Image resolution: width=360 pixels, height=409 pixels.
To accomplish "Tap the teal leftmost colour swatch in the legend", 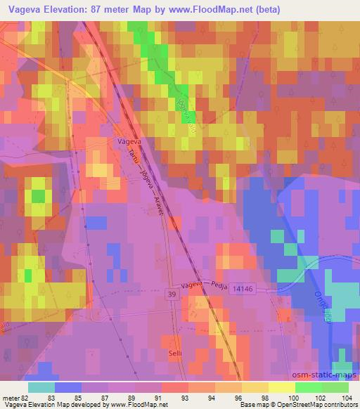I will point(41,387).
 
